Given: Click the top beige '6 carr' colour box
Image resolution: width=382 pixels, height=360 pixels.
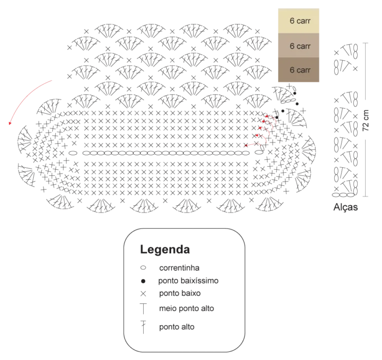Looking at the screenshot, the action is pyautogui.click(x=298, y=21).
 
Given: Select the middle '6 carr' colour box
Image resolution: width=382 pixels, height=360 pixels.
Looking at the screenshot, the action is pyautogui.click(x=298, y=45).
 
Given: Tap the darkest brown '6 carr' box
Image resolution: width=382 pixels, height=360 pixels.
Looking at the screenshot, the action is pyautogui.click(x=298, y=70).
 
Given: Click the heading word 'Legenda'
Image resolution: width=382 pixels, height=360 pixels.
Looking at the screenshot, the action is pyautogui.click(x=165, y=249).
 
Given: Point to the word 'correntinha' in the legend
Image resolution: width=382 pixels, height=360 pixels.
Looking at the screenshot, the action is pyautogui.click(x=179, y=268).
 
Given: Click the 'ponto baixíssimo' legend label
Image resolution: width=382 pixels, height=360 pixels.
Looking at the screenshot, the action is pyautogui.click(x=189, y=281).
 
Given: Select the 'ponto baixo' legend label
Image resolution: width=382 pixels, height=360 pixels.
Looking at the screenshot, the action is pyautogui.click(x=180, y=293).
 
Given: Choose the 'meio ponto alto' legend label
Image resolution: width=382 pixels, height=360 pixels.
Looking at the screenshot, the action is pyautogui.click(x=187, y=309).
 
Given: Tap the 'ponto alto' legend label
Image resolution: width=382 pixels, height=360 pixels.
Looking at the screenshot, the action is pyautogui.click(x=177, y=327).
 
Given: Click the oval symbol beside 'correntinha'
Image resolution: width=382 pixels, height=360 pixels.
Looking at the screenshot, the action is pyautogui.click(x=143, y=268).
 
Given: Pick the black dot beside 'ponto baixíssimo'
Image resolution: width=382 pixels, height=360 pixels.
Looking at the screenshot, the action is pyautogui.click(x=143, y=281).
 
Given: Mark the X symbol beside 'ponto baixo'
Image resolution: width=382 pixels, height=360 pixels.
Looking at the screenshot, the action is pyautogui.click(x=143, y=294).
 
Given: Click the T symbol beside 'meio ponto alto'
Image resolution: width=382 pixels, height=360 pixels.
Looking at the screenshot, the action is pyautogui.click(x=143, y=309).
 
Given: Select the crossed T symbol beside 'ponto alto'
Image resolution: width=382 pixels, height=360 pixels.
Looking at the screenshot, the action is pyautogui.click(x=143, y=327).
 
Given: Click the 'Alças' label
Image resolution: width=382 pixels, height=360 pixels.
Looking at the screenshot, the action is pyautogui.click(x=346, y=207).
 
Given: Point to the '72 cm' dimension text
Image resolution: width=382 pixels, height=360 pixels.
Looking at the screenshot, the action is pyautogui.click(x=366, y=120).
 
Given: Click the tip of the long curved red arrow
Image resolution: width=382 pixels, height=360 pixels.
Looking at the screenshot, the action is pyautogui.click(x=9, y=124).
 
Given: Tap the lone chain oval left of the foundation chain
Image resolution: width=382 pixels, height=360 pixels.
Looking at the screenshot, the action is pyautogui.click(x=73, y=153).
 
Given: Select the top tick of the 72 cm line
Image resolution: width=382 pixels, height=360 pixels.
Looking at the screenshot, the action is pyautogui.click(x=366, y=43).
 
